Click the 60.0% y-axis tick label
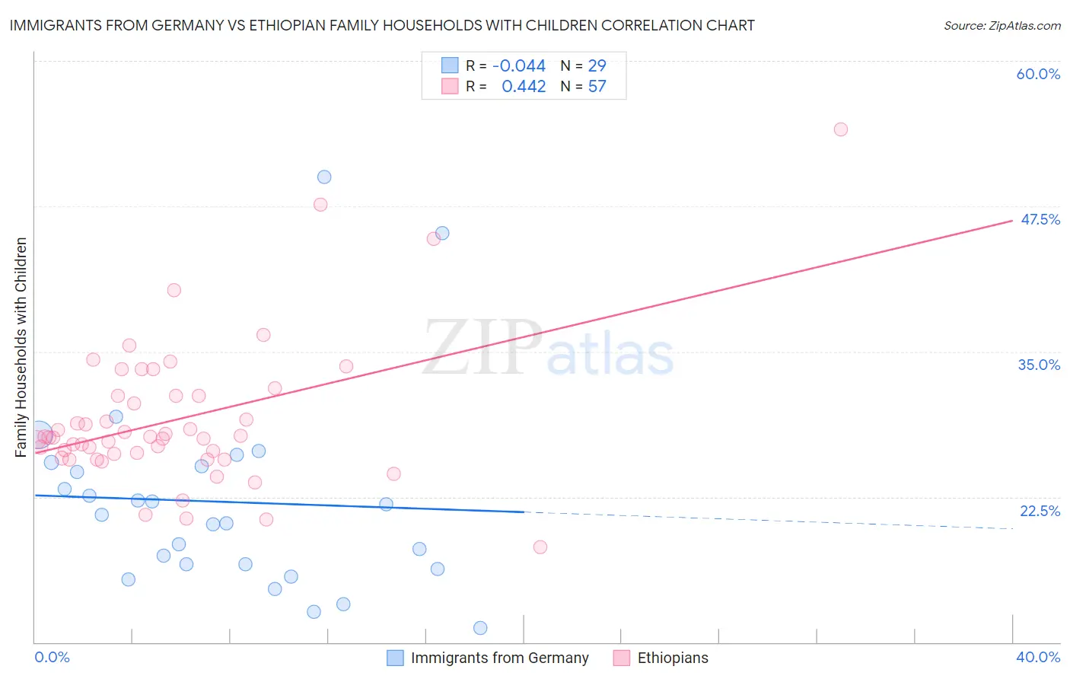click(1038, 74)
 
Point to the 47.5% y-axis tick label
click(1040, 219)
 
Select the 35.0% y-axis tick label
click(1039, 365)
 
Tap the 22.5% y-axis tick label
click(1040, 511)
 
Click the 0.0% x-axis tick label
click(52, 658)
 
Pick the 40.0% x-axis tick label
click(1037, 658)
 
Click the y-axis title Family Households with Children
click(21, 347)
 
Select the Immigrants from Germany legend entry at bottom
click(488, 658)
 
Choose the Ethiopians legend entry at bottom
click(661, 658)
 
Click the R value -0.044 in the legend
click(519, 66)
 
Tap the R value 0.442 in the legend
click(524, 87)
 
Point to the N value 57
click(597, 87)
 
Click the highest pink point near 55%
click(840, 129)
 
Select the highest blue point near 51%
click(324, 177)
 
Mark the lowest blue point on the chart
click(480, 628)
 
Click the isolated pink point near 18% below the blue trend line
click(540, 547)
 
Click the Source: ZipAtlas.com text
click(1002, 26)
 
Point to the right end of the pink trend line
click(1011, 221)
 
